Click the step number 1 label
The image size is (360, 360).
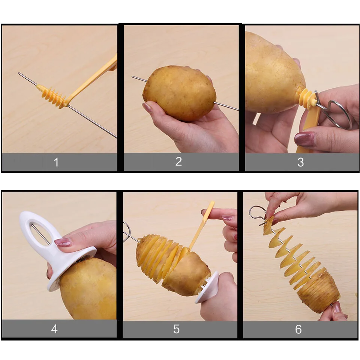click(x=56, y=162)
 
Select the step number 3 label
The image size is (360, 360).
click(x=300, y=162)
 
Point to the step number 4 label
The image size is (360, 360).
click(x=54, y=329)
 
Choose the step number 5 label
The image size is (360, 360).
click(x=176, y=329)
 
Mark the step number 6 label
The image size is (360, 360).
click(x=298, y=329)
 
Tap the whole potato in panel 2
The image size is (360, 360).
click(x=179, y=93)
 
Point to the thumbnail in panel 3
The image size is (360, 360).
click(x=305, y=139)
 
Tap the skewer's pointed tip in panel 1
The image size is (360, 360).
click(x=19, y=73)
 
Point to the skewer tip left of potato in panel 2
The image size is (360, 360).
click(x=133, y=76)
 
